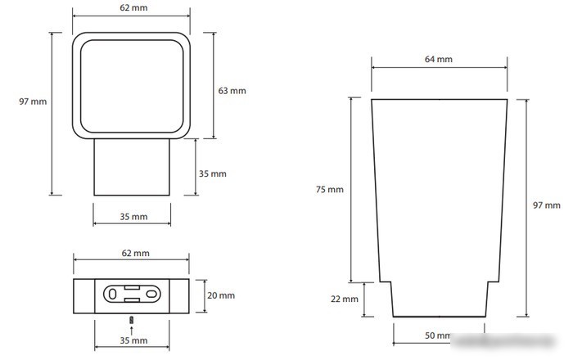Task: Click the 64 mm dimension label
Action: click(438, 59)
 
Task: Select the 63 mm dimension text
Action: click(232, 91)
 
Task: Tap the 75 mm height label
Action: click(330, 189)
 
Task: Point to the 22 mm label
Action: click(345, 299)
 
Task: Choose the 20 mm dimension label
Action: click(221, 295)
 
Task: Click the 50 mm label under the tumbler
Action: click(438, 335)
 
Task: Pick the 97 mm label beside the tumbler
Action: click(546, 205)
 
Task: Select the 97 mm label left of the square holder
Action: click(33, 101)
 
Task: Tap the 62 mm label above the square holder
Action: click(133, 7)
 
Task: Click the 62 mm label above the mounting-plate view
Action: click(136, 253)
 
